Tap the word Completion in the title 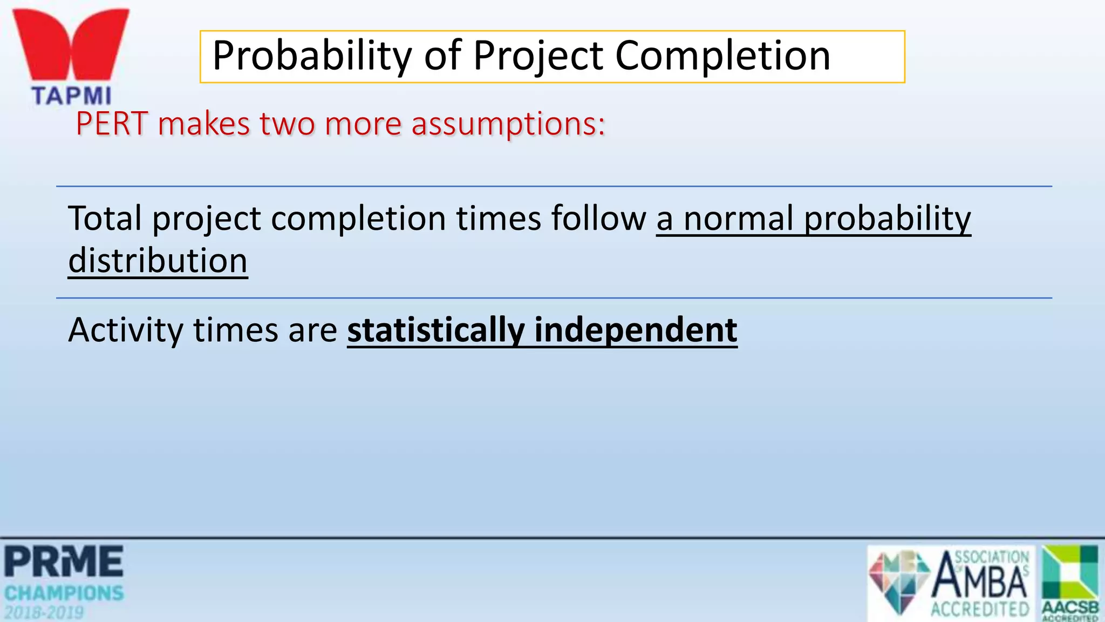click(x=722, y=56)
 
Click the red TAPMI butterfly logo click(x=71, y=45)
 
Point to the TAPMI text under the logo click(x=71, y=96)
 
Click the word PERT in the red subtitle click(x=112, y=124)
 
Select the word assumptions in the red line click(x=508, y=124)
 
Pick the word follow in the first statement click(x=598, y=218)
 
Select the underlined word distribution click(x=158, y=261)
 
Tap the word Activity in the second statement click(x=126, y=330)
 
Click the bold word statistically click(x=436, y=330)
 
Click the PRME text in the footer click(x=64, y=562)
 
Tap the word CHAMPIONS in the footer click(x=64, y=593)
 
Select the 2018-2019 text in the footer click(x=44, y=613)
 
